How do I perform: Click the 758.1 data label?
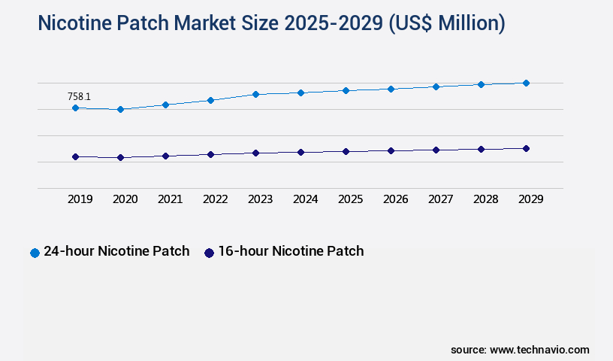(79, 96)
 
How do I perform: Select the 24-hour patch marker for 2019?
(75, 108)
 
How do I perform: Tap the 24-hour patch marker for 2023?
(255, 94)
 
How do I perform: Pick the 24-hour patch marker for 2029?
(526, 83)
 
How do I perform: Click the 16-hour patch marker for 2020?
(120, 158)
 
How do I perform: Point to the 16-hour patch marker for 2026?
(391, 150)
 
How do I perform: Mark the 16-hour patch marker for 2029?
(526, 148)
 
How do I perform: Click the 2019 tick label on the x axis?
(80, 199)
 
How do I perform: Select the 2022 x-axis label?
(216, 199)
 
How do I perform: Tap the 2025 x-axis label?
(351, 199)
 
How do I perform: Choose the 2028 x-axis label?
(486, 199)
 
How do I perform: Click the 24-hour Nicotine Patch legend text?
(116, 251)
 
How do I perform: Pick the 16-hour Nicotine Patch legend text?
(291, 251)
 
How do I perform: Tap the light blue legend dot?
(35, 253)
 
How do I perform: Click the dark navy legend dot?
(209, 253)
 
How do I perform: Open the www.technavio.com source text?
(539, 350)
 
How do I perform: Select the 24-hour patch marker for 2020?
(120, 110)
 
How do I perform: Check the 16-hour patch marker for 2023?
(255, 153)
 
